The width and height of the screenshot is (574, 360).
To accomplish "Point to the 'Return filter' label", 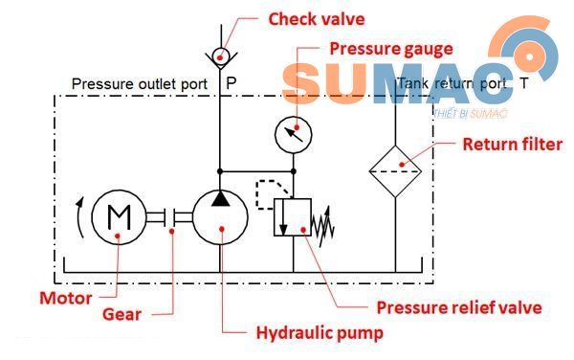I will click(x=512, y=146).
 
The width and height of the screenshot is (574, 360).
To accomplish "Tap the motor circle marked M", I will click(x=120, y=218).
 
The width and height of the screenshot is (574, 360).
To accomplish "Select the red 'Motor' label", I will click(x=65, y=298).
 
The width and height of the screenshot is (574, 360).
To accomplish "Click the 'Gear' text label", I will click(x=123, y=313).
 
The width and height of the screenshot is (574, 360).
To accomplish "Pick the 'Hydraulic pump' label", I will click(x=319, y=333).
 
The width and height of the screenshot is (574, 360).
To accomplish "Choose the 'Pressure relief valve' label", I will click(x=459, y=307).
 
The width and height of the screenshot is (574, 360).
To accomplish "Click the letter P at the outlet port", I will click(x=231, y=84).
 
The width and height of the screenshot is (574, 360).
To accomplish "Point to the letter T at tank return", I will click(x=522, y=84).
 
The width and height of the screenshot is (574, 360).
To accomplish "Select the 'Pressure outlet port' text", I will click(x=140, y=84).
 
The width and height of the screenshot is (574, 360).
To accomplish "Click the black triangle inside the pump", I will click(x=221, y=198).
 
